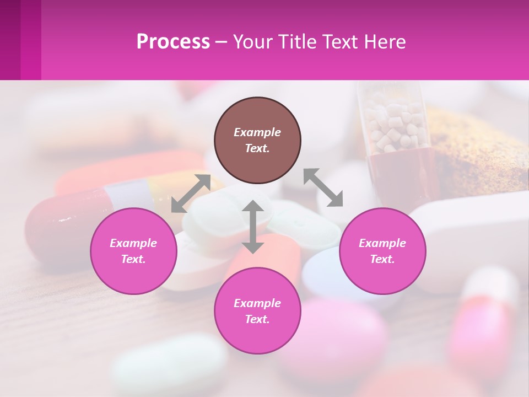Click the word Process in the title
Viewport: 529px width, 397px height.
[173, 42]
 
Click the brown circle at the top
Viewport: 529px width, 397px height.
[257, 140]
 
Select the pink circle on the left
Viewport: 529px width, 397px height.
[133, 251]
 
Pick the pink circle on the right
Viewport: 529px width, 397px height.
[382, 251]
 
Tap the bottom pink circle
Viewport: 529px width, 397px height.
[257, 310]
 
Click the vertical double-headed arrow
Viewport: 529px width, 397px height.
[253, 227]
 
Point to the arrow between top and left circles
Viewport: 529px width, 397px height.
[191, 193]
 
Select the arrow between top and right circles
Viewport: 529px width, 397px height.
[323, 187]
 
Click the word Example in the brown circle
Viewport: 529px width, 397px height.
[257, 132]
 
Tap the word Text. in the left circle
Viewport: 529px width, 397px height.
[133, 259]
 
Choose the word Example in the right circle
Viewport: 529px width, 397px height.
[382, 243]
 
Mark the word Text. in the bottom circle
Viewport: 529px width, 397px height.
[257, 319]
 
